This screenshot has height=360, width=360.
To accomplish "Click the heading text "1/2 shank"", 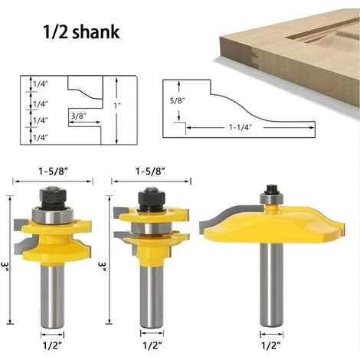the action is click(81, 31).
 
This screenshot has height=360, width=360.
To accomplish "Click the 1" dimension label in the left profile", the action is click(117, 105).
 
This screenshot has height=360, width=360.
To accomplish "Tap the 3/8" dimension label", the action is click(78, 116).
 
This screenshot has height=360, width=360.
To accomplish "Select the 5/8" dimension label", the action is click(177, 100).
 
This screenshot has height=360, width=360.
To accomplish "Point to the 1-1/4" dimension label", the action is click(241, 127).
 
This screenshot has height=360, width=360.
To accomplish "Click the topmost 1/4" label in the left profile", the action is click(41, 83).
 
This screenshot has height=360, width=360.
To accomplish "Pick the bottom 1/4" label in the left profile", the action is click(41, 138).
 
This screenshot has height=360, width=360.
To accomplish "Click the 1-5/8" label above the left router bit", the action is click(53, 172).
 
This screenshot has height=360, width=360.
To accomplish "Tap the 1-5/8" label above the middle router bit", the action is click(150, 172).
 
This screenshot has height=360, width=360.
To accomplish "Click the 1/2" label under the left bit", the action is click(52, 345).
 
